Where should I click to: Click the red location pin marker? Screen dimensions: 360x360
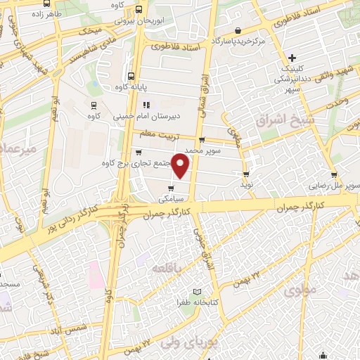pos(181,166)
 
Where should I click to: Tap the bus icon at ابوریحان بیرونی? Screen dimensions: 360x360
pos(139,10)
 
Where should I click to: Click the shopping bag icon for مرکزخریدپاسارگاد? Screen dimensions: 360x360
pos(239,31)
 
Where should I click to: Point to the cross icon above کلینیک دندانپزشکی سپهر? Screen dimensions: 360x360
pos(292,57)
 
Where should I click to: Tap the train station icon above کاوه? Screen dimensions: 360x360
pos(93,103)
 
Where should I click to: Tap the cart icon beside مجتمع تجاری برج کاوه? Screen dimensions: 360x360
pos(138,152)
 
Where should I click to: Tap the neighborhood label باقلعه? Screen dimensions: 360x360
pos(169,267)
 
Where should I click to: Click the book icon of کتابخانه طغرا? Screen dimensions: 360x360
pos(197,292)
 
